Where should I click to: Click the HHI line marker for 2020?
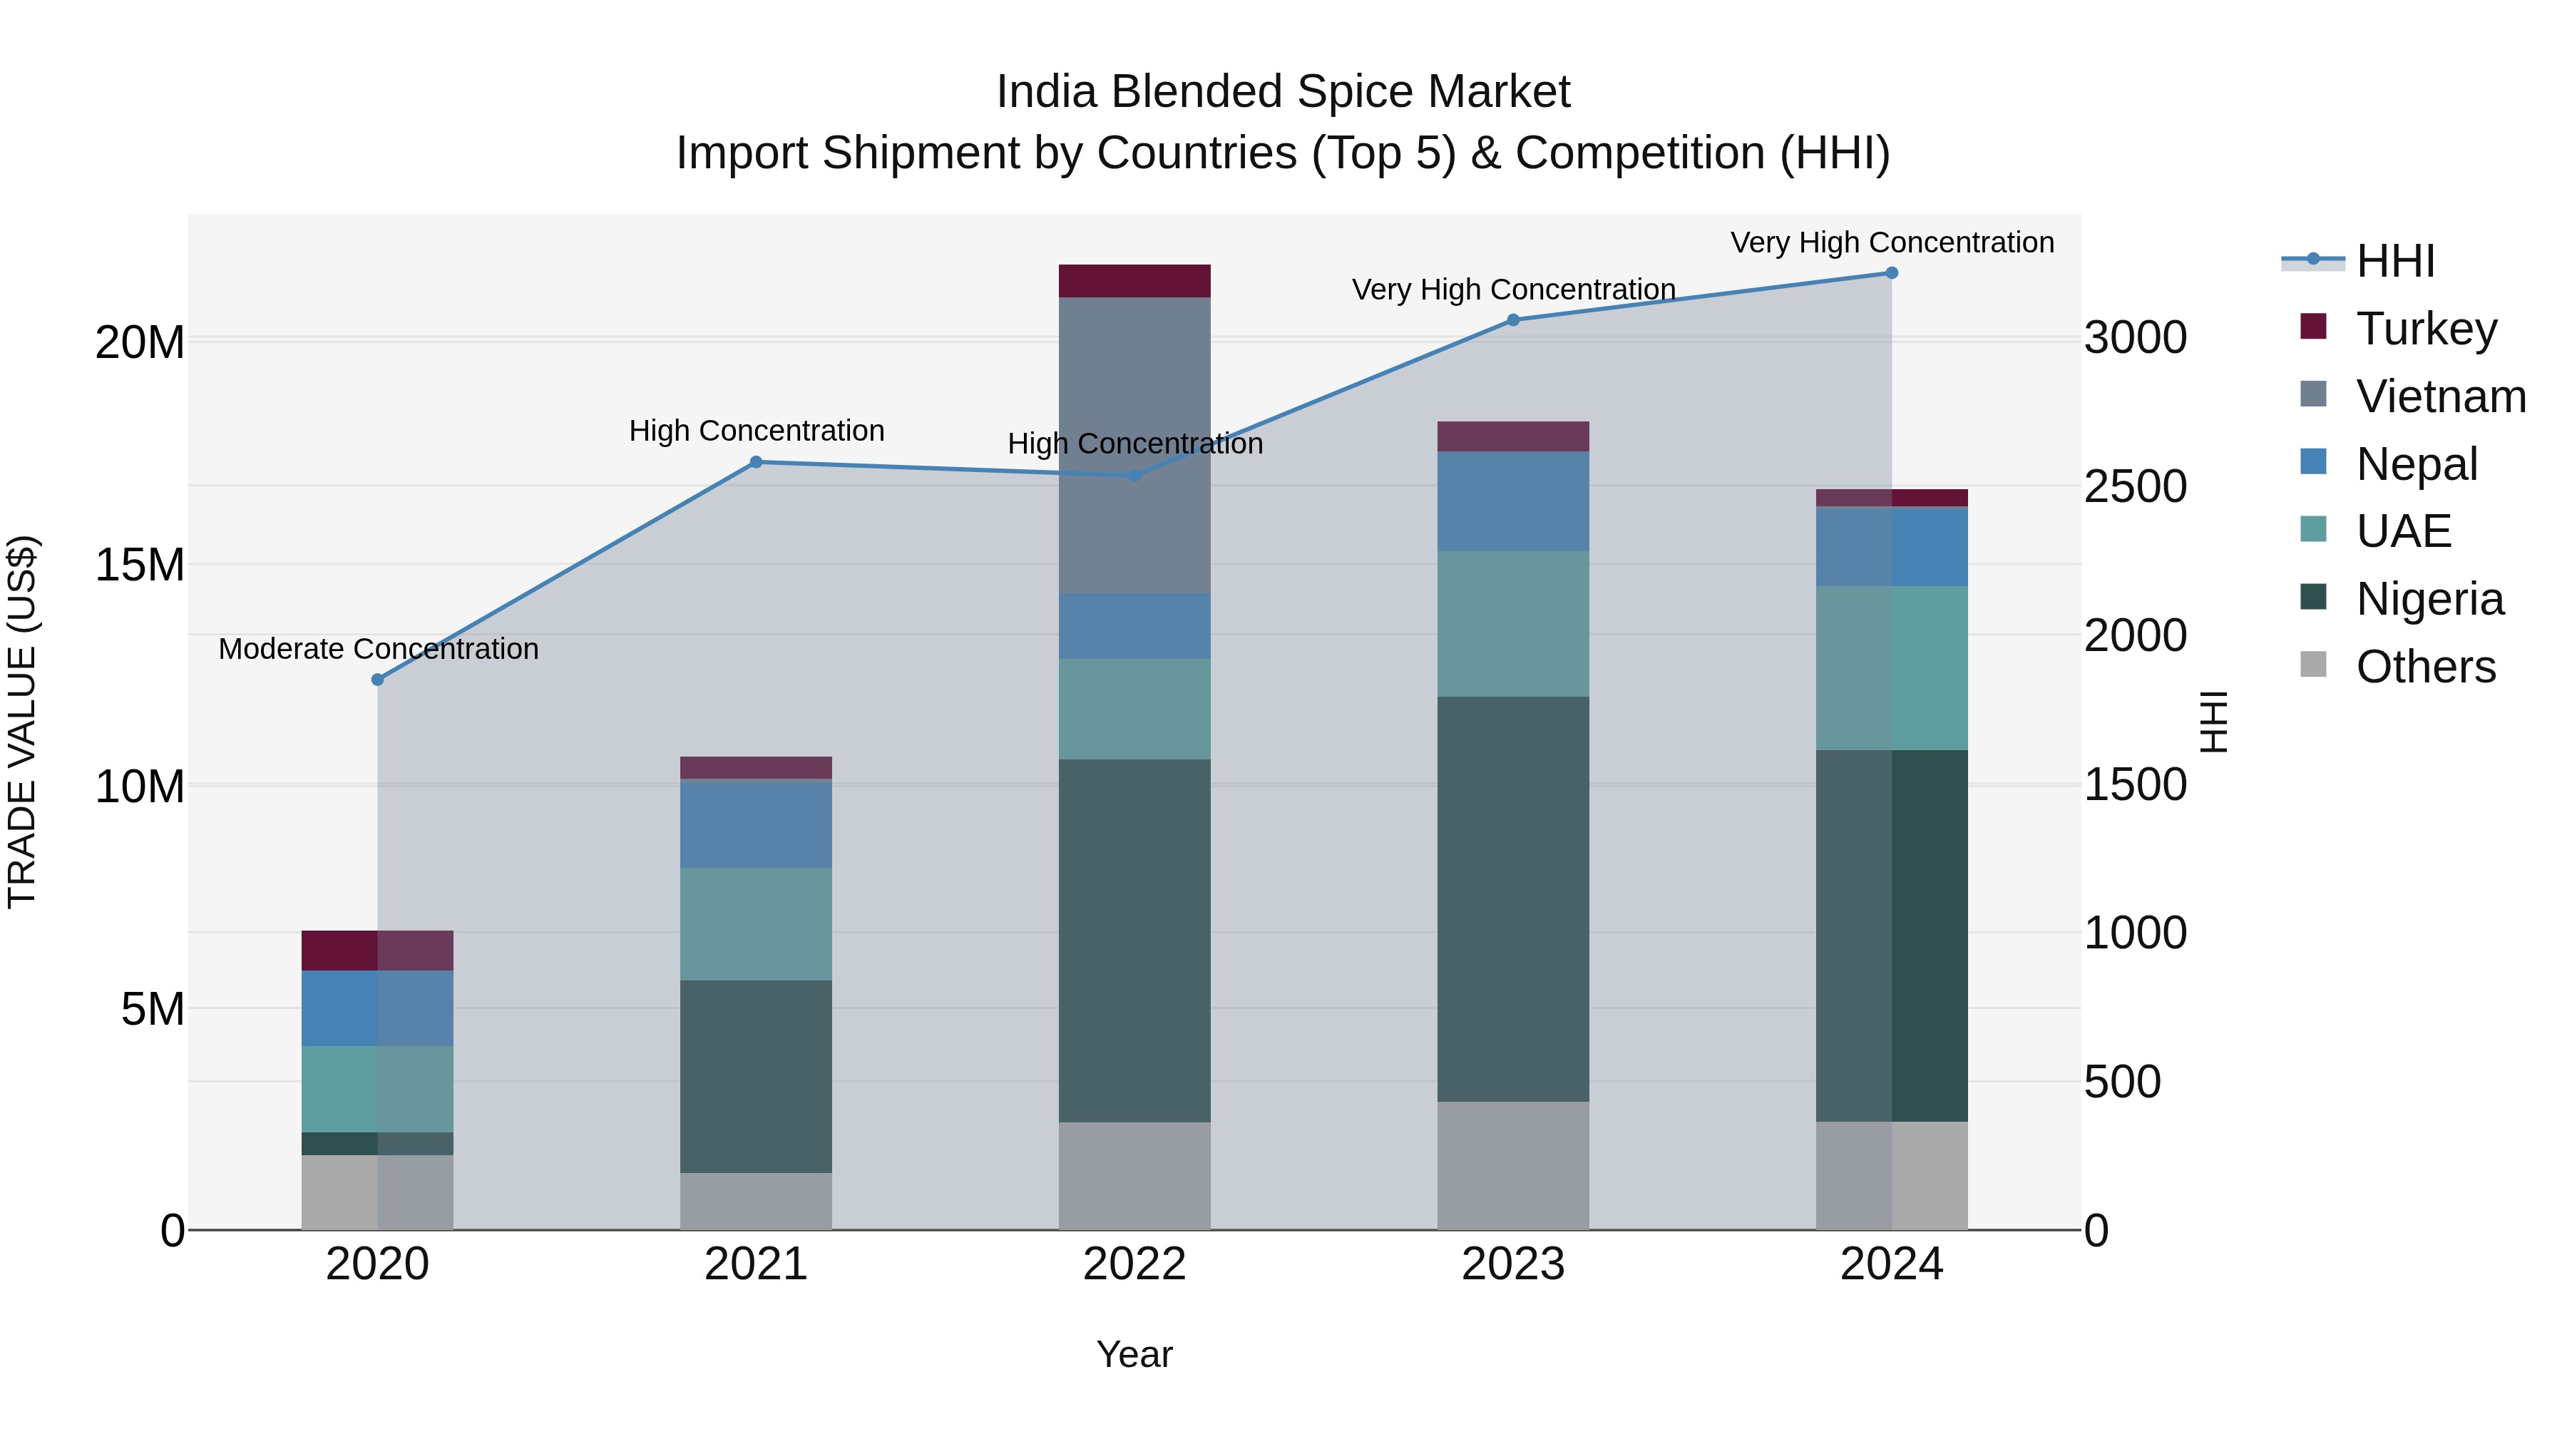pyautogui.click(x=378, y=680)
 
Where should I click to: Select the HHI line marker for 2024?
pyautogui.click(x=1891, y=273)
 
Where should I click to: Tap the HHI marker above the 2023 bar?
pyautogui.click(x=1512, y=320)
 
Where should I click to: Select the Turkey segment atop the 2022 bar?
pyautogui.click(x=1134, y=281)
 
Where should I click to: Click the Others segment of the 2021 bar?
pyautogui.click(x=755, y=1201)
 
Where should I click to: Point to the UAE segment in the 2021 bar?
pyautogui.click(x=755, y=923)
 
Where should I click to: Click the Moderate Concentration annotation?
pyautogui.click(x=379, y=649)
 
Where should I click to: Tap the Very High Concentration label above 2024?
pyautogui.click(x=1891, y=242)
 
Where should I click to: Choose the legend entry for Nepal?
pyautogui.click(x=2416, y=464)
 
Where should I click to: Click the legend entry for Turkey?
pyautogui.click(x=2426, y=329)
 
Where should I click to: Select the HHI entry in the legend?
pyautogui.click(x=2394, y=261)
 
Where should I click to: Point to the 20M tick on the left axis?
pyautogui.click(x=140, y=343)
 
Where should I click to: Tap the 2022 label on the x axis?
pyautogui.click(x=1134, y=1264)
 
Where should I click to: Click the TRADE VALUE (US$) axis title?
pyautogui.click(x=22, y=722)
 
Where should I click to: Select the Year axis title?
pyautogui.click(x=1134, y=1354)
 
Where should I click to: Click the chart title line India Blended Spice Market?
pyautogui.click(x=1283, y=92)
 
